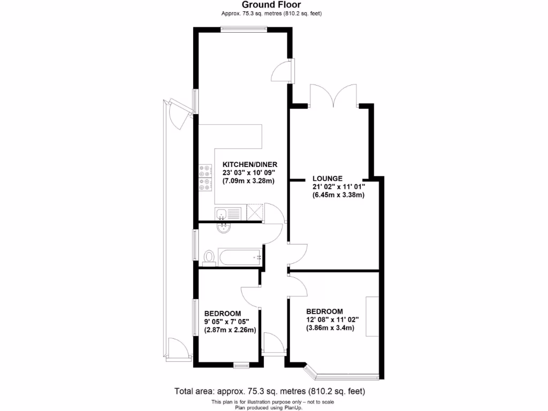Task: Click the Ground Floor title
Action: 273,5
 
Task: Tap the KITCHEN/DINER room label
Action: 249,164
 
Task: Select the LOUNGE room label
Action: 328,178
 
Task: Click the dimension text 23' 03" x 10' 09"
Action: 248,172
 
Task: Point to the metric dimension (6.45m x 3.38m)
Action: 338,195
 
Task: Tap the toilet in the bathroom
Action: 209,257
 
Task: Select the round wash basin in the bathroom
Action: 224,229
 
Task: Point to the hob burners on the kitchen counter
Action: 204,179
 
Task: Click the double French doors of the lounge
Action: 333,96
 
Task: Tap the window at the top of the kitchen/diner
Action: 244,29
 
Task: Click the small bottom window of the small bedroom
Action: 241,366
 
